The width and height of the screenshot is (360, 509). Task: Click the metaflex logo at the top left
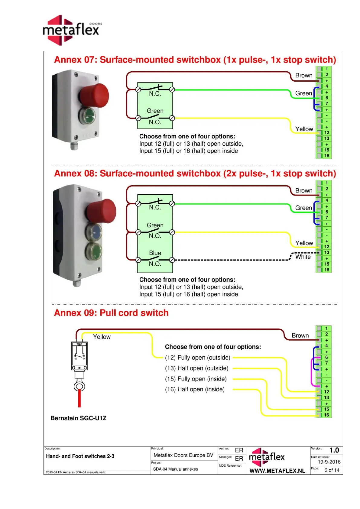[x=71, y=30]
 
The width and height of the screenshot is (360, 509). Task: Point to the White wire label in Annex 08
[x=303, y=257]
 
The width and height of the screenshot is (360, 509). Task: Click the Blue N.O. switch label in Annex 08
[x=155, y=253]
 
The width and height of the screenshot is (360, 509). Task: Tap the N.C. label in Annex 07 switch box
[x=155, y=94]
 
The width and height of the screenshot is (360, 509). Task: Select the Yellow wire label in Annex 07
[x=304, y=129]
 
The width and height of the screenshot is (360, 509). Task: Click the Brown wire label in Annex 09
[x=300, y=336]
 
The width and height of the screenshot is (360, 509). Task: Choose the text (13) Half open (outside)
[x=196, y=368]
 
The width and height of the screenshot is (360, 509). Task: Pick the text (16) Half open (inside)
[x=195, y=389]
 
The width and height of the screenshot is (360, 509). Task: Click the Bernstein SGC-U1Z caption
[x=78, y=418]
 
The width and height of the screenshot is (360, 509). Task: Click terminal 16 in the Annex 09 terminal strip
[x=326, y=415]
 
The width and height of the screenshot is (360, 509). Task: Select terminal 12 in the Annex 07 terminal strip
[x=327, y=133]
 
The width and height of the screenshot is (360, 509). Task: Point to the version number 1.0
[x=334, y=450]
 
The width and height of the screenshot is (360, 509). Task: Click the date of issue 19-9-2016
[x=329, y=462]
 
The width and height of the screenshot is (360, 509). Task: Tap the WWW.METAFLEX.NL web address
[x=277, y=471]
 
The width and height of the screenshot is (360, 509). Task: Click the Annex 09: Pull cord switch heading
[x=111, y=313]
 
